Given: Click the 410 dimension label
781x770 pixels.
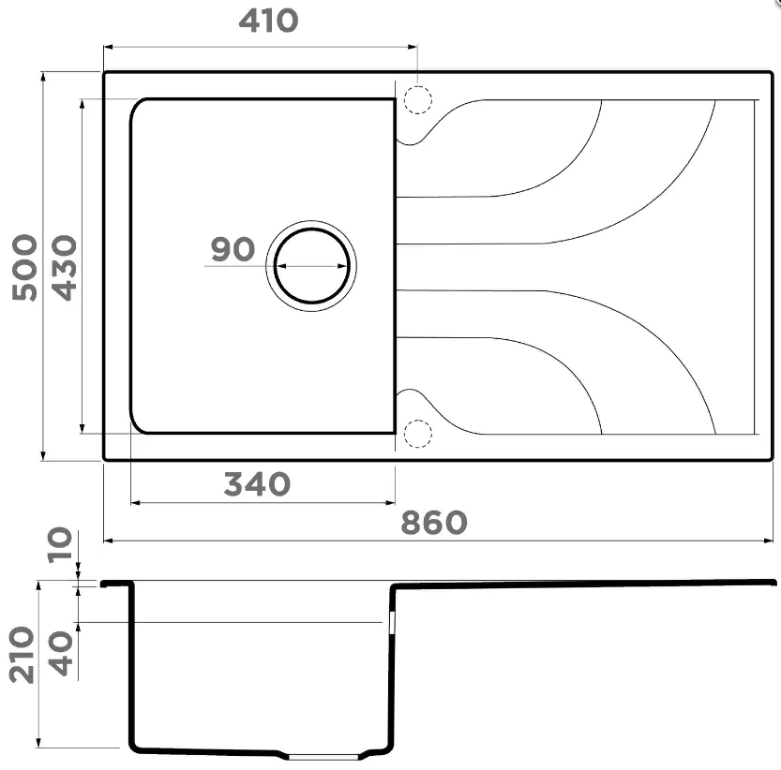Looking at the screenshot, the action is [268, 22].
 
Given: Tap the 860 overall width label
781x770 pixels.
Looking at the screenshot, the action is [434, 523].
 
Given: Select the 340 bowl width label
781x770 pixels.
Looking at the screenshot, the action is [257, 484].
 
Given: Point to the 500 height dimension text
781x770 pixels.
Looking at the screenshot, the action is [24, 267].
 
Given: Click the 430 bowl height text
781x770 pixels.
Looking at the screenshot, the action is [65, 267].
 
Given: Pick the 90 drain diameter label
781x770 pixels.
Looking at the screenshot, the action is [233, 249].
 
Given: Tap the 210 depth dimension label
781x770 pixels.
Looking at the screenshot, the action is [22, 655].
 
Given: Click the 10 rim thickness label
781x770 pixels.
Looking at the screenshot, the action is [60, 544].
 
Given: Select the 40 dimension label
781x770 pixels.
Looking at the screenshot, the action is [61, 654].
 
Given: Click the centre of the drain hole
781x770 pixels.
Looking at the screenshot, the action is [312, 266].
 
